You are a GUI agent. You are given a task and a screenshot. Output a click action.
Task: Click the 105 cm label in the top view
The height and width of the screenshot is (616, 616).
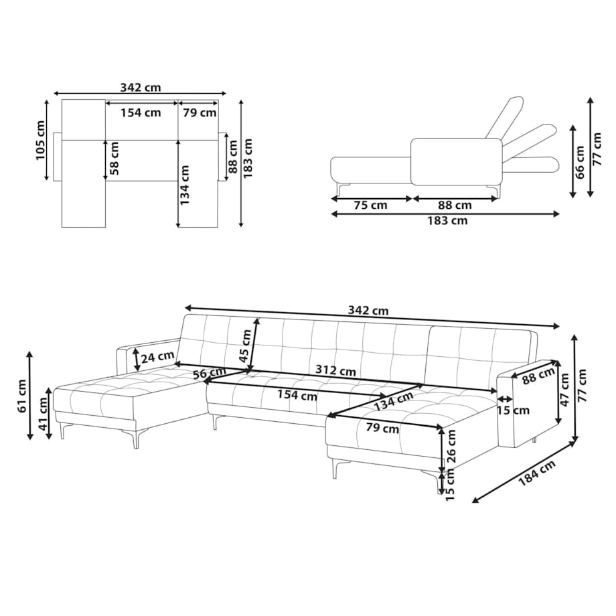coord(41,140)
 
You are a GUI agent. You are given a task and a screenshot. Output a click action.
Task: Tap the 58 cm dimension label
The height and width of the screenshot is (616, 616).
coord(114,158)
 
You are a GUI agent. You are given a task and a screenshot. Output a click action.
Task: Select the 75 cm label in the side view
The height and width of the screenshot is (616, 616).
coord(370,205)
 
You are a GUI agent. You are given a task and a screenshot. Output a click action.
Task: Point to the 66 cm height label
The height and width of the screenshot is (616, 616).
coord(581,162)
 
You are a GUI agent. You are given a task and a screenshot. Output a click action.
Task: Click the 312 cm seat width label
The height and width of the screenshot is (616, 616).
coord(336,371)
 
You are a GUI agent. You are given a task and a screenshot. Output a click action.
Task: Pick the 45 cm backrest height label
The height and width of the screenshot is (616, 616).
coord(245,346)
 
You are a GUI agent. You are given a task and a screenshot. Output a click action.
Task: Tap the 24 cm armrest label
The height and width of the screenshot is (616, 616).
coord(157,357)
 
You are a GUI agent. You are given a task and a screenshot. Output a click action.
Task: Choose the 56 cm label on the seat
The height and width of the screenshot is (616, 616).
coord(210,372)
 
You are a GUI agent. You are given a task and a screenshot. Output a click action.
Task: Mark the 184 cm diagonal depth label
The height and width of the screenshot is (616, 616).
coord(537,473)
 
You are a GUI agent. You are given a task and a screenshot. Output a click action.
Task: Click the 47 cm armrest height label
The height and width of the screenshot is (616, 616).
coord(564,390)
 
